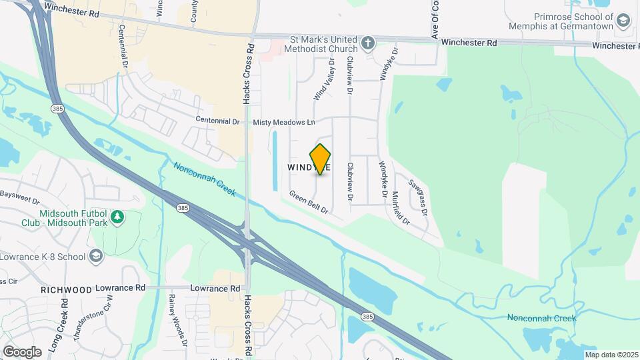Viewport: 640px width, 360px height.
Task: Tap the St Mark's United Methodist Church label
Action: click(x=321, y=43)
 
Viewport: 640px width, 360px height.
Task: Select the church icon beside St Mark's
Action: click(x=367, y=44)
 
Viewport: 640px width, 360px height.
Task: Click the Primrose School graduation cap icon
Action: click(x=623, y=22)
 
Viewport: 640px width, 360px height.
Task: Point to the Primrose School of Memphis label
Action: click(x=573, y=22)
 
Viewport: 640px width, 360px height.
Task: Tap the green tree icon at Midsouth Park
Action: click(x=117, y=217)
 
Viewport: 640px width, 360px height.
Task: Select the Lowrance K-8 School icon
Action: click(x=96, y=256)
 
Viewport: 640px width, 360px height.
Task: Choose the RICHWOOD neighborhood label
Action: click(x=66, y=290)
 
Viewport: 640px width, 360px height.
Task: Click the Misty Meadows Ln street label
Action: click(x=284, y=123)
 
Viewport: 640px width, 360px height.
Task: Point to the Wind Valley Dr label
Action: click(x=325, y=79)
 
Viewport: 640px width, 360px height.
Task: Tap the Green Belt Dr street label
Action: click(x=309, y=203)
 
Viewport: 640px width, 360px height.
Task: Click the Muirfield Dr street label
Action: click(x=400, y=207)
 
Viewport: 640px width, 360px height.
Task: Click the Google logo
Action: click(x=22, y=351)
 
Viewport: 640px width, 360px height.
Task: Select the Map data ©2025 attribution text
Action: click(x=610, y=355)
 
